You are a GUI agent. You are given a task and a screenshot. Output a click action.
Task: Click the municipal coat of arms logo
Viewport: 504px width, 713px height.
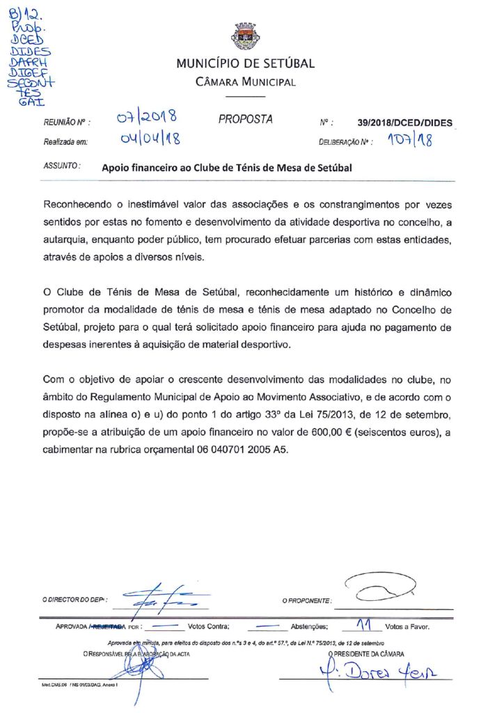(246, 35)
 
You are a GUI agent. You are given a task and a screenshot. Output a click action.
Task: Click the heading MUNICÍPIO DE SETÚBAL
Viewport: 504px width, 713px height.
(246, 64)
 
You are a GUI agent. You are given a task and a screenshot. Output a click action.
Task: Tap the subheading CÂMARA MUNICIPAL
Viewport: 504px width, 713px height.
(246, 83)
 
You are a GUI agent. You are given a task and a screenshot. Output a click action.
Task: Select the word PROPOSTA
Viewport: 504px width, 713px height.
(246, 119)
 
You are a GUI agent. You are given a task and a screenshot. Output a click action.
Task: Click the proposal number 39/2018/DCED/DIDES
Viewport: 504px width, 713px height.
(404, 123)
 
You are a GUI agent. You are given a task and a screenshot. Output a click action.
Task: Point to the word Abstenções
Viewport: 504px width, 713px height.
(310, 626)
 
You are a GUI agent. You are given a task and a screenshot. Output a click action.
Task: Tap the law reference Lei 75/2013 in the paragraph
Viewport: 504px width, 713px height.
(361, 416)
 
